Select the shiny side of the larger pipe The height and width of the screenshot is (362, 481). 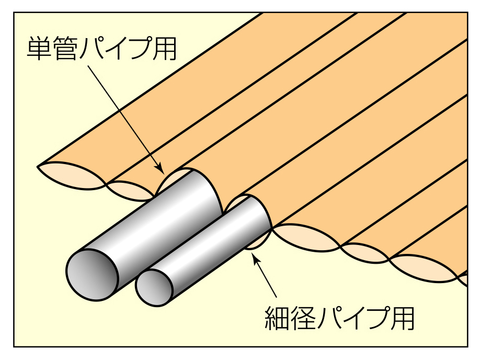point(157,219)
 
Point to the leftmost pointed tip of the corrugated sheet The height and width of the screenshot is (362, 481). point(38,167)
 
